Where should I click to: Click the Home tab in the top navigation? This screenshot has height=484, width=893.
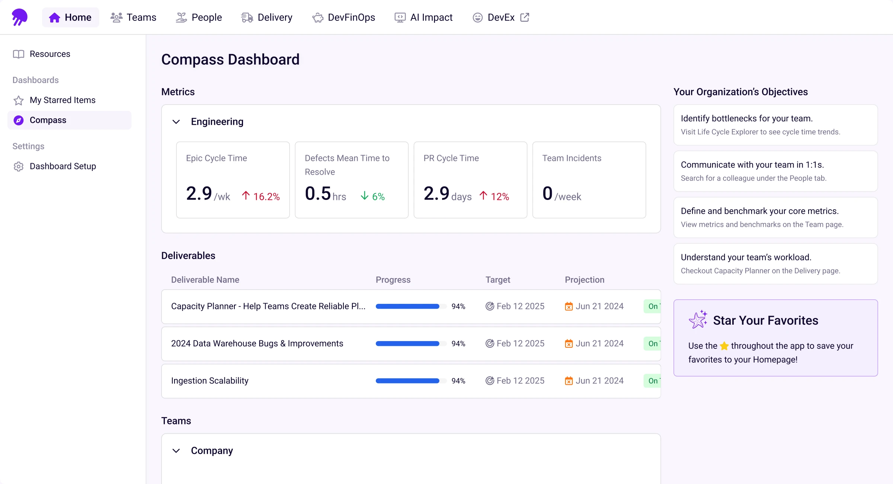[x=70, y=17]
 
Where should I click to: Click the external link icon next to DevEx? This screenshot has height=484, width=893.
[x=525, y=17]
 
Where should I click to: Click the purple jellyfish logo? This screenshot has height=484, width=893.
[x=19, y=17]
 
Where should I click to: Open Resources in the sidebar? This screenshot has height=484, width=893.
[x=50, y=54]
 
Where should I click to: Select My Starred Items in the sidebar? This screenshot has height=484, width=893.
[x=63, y=100]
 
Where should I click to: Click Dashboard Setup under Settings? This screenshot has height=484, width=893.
[x=63, y=166]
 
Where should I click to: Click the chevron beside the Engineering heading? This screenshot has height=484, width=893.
[x=176, y=122]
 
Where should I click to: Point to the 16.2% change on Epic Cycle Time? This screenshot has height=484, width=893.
[x=261, y=196]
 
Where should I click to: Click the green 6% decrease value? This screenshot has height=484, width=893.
[x=373, y=196]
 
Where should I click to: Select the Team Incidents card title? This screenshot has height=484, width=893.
[x=572, y=158]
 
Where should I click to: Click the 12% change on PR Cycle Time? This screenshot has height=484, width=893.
[x=494, y=196]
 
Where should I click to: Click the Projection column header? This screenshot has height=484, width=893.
[x=584, y=280]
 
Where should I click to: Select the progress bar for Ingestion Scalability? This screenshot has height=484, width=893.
[x=408, y=380]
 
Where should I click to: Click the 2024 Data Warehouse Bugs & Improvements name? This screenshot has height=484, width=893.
[x=257, y=343]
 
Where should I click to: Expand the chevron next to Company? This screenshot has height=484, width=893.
[x=176, y=451]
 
